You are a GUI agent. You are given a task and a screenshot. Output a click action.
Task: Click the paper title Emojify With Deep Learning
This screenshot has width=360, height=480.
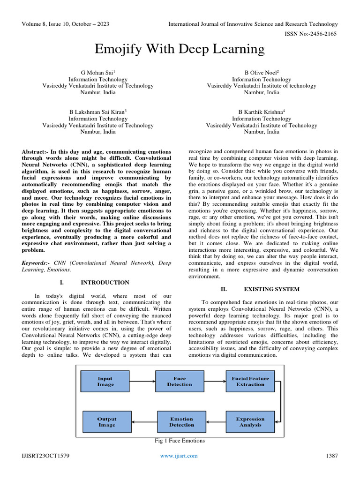coord(180,49)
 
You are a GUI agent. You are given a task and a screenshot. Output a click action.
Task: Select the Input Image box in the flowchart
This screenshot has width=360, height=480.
coord(105,382)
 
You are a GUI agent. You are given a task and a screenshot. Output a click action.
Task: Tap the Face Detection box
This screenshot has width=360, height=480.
coord(180,382)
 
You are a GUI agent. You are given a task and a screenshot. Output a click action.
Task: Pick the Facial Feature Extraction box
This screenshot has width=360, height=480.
coord(250,382)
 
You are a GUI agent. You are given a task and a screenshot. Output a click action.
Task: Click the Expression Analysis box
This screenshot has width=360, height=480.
coord(250,422)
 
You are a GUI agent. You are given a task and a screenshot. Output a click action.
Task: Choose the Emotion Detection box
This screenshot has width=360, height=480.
coord(181,422)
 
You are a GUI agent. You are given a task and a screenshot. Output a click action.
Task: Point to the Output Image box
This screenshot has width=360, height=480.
coord(106,422)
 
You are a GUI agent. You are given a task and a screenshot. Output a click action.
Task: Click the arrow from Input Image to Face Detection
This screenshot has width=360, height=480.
coord(142,382)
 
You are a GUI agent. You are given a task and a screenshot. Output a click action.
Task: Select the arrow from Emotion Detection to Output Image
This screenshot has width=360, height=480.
coord(143,422)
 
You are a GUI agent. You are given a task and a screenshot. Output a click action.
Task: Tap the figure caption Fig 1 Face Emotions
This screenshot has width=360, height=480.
coord(180,441)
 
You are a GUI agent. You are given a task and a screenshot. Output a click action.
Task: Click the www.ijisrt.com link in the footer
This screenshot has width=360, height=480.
coord(179,456)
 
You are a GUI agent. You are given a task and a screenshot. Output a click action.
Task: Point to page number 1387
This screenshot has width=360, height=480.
coord(331,456)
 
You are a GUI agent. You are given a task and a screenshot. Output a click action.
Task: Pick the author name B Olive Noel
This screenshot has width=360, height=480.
coord(261,73)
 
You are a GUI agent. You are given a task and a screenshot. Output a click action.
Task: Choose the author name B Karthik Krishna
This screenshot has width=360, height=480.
coord(261,112)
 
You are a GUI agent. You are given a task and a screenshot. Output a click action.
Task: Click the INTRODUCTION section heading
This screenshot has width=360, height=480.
coord(105,283)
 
